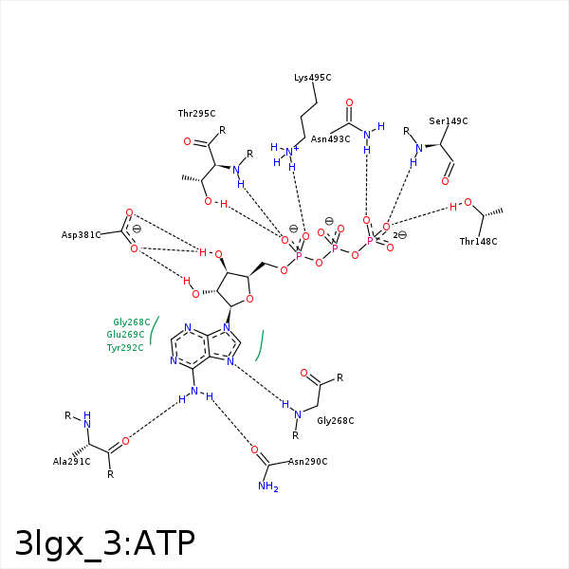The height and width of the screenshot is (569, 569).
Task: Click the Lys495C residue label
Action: tap(312, 78)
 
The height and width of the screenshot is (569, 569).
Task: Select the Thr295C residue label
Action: tap(196, 114)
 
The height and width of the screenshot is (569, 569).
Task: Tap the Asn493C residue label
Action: tap(330, 139)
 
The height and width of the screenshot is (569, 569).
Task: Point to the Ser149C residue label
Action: tap(449, 121)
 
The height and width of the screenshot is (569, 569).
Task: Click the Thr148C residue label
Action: tap(478, 242)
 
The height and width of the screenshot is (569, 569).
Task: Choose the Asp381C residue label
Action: tap(81, 235)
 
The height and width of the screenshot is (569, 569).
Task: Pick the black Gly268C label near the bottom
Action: tap(336, 421)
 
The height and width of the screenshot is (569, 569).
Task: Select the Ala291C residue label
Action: tap(71, 462)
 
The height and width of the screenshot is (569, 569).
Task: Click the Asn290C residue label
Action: tap(307, 462)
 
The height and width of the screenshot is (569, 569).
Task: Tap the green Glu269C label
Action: tap(125, 335)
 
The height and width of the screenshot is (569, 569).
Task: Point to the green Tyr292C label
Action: tap(125, 348)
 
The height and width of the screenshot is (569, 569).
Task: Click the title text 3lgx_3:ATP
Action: tap(105, 543)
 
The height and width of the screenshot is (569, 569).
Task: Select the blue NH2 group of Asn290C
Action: tap(268, 486)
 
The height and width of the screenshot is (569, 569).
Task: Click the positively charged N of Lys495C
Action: tap(290, 152)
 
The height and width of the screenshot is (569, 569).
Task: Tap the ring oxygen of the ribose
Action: tap(249, 300)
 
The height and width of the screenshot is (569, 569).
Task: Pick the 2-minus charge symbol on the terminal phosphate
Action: tap(399, 235)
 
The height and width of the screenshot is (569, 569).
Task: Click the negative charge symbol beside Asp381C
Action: tap(137, 229)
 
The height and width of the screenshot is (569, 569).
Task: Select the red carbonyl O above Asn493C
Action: tap(349, 102)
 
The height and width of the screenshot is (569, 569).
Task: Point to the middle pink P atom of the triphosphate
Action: tap(335, 248)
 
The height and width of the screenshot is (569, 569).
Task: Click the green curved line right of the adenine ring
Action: tap(261, 346)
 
